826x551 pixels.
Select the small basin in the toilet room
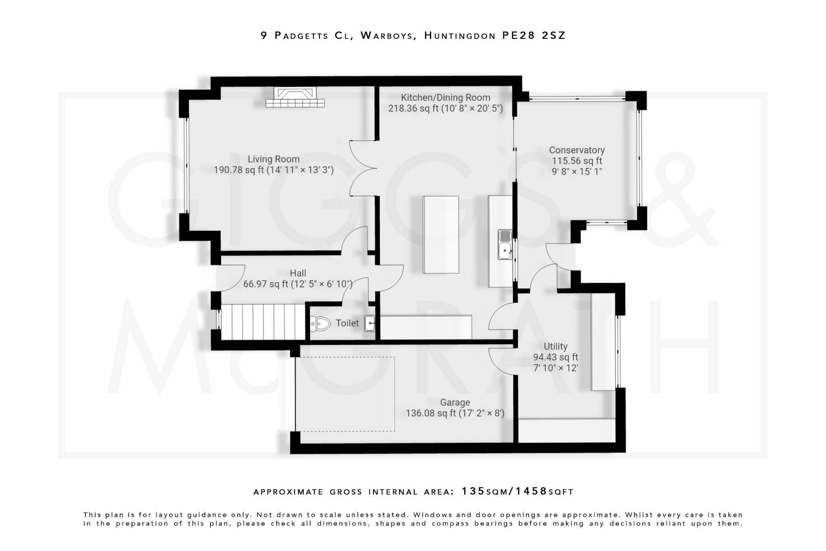coord(370,323)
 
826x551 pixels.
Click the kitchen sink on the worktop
coord(505,244)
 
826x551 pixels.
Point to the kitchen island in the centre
coord(441,234)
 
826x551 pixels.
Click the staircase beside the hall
coord(263,322)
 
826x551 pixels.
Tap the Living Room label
coord(273,159)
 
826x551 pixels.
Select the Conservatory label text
coord(577,150)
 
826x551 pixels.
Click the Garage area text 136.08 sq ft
coord(431,413)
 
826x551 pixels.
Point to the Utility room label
coord(555,346)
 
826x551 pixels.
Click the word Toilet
coord(347,323)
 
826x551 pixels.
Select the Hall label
coord(298,273)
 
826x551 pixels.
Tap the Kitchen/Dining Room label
coord(445,98)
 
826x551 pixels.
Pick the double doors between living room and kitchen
coord(363,168)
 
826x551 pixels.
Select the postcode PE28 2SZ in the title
coord(534,36)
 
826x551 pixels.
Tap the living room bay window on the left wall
coord(186,165)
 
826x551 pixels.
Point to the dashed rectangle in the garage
coord(345,394)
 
